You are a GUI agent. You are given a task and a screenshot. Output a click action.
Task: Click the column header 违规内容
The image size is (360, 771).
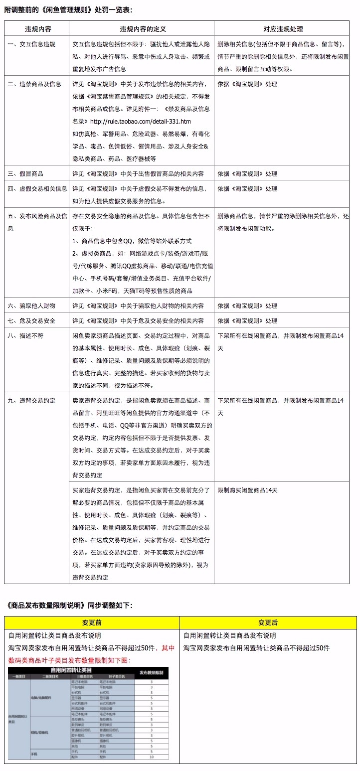click(36, 29)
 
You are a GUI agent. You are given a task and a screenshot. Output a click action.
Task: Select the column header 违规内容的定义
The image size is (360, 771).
click(142, 29)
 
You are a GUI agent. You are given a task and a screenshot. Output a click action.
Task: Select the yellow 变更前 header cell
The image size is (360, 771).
click(92, 623)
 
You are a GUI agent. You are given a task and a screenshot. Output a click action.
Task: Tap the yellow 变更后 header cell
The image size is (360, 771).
click(268, 623)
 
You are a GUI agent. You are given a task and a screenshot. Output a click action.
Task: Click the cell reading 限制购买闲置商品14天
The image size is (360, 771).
click(248, 490)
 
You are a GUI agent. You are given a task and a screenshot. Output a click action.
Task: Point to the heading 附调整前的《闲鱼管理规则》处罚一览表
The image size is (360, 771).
click(68, 9)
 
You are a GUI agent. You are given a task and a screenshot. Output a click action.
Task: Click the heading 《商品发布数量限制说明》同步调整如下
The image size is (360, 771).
click(70, 605)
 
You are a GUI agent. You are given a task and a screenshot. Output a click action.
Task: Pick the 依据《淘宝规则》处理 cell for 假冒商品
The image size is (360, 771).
click(247, 174)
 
